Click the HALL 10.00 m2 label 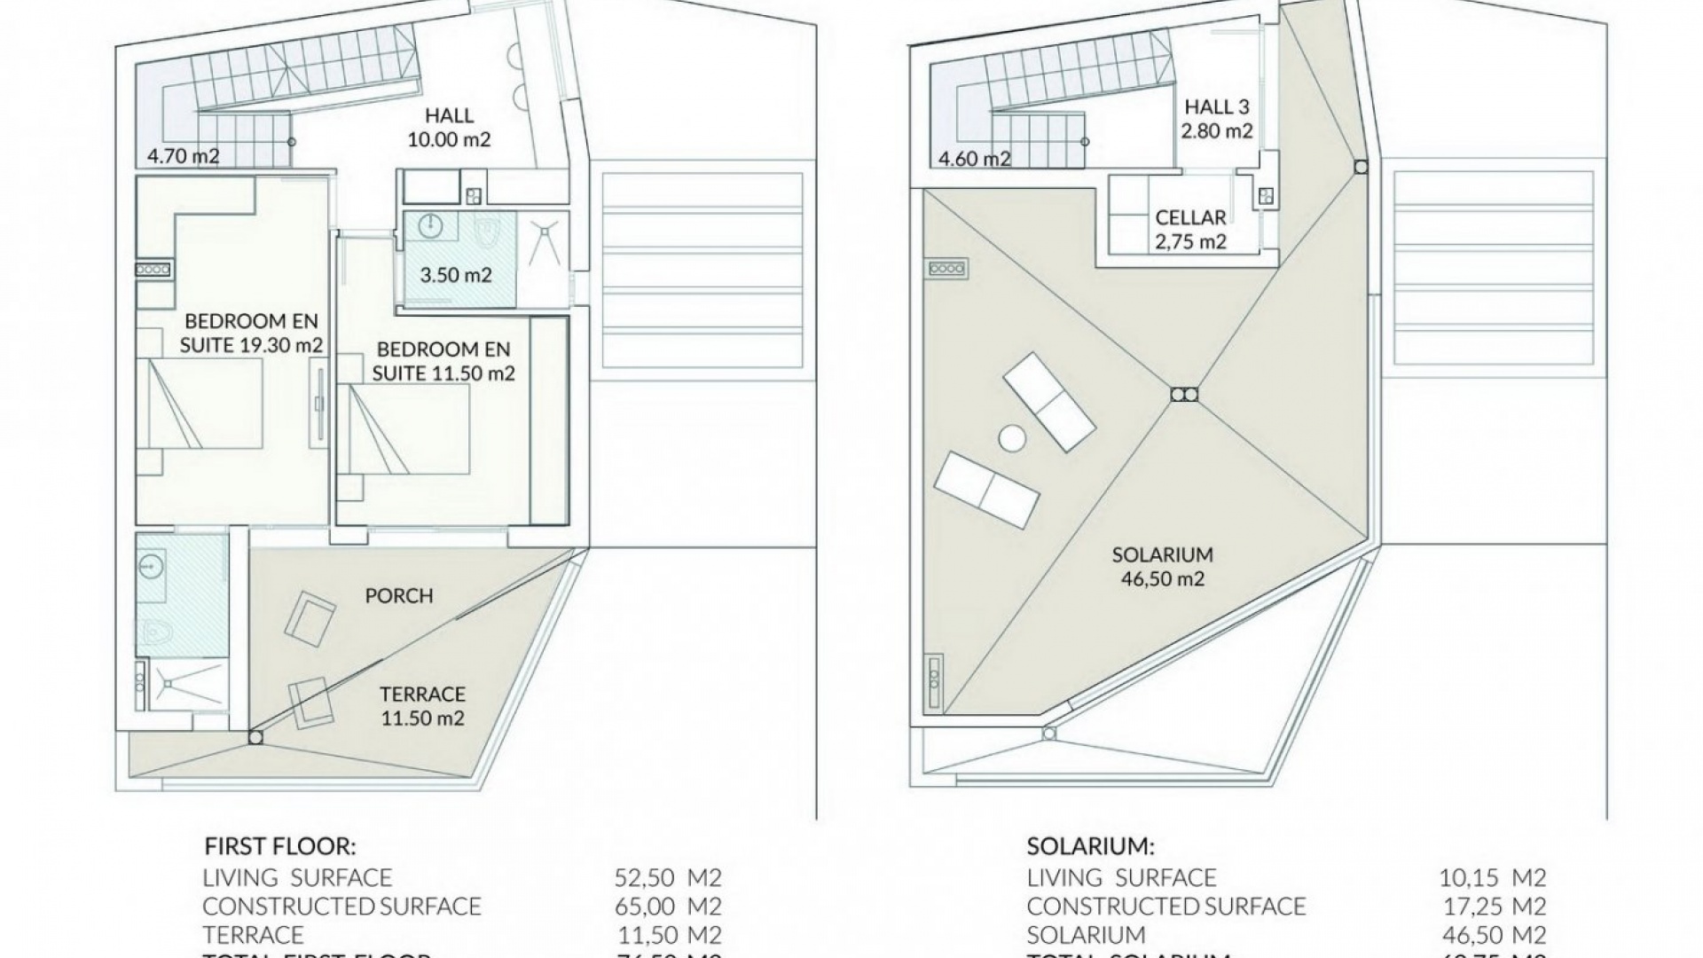pos(449,127)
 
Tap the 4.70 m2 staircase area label pos(183,157)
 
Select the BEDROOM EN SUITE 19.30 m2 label pos(251,333)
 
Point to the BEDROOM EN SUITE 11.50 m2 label pos(443,361)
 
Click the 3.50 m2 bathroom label pos(455,275)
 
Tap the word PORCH pos(399,596)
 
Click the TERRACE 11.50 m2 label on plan pos(422,706)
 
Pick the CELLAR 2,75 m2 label pos(1190,229)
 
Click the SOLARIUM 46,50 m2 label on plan pos(1162,567)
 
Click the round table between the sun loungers pos(1011,437)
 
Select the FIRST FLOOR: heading pos(279,845)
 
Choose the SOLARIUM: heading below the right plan pos(1091,845)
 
